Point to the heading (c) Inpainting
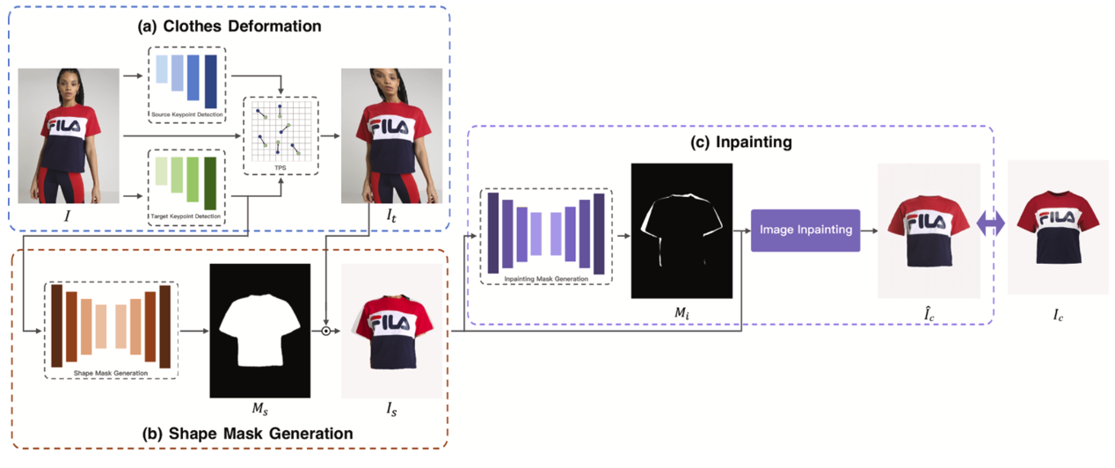click(x=729, y=142)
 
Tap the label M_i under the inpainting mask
click(x=681, y=308)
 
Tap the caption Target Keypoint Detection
click(x=186, y=216)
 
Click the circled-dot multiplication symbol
click(x=325, y=332)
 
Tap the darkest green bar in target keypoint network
click(x=210, y=183)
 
